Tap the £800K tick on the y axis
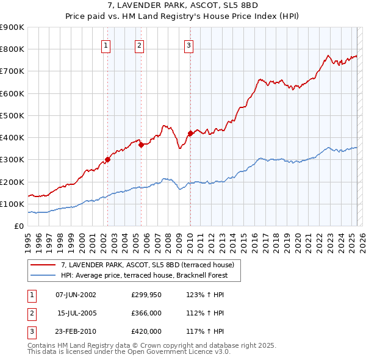coord(12,49)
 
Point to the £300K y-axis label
coord(12,160)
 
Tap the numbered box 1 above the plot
coord(106,45)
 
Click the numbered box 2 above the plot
coord(139,45)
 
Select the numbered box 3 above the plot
coord(188,45)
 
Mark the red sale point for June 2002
coord(108,160)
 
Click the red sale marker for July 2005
coord(141,145)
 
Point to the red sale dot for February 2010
coord(190,133)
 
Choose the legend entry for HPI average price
coord(144,275)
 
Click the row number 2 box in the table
coord(30,313)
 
